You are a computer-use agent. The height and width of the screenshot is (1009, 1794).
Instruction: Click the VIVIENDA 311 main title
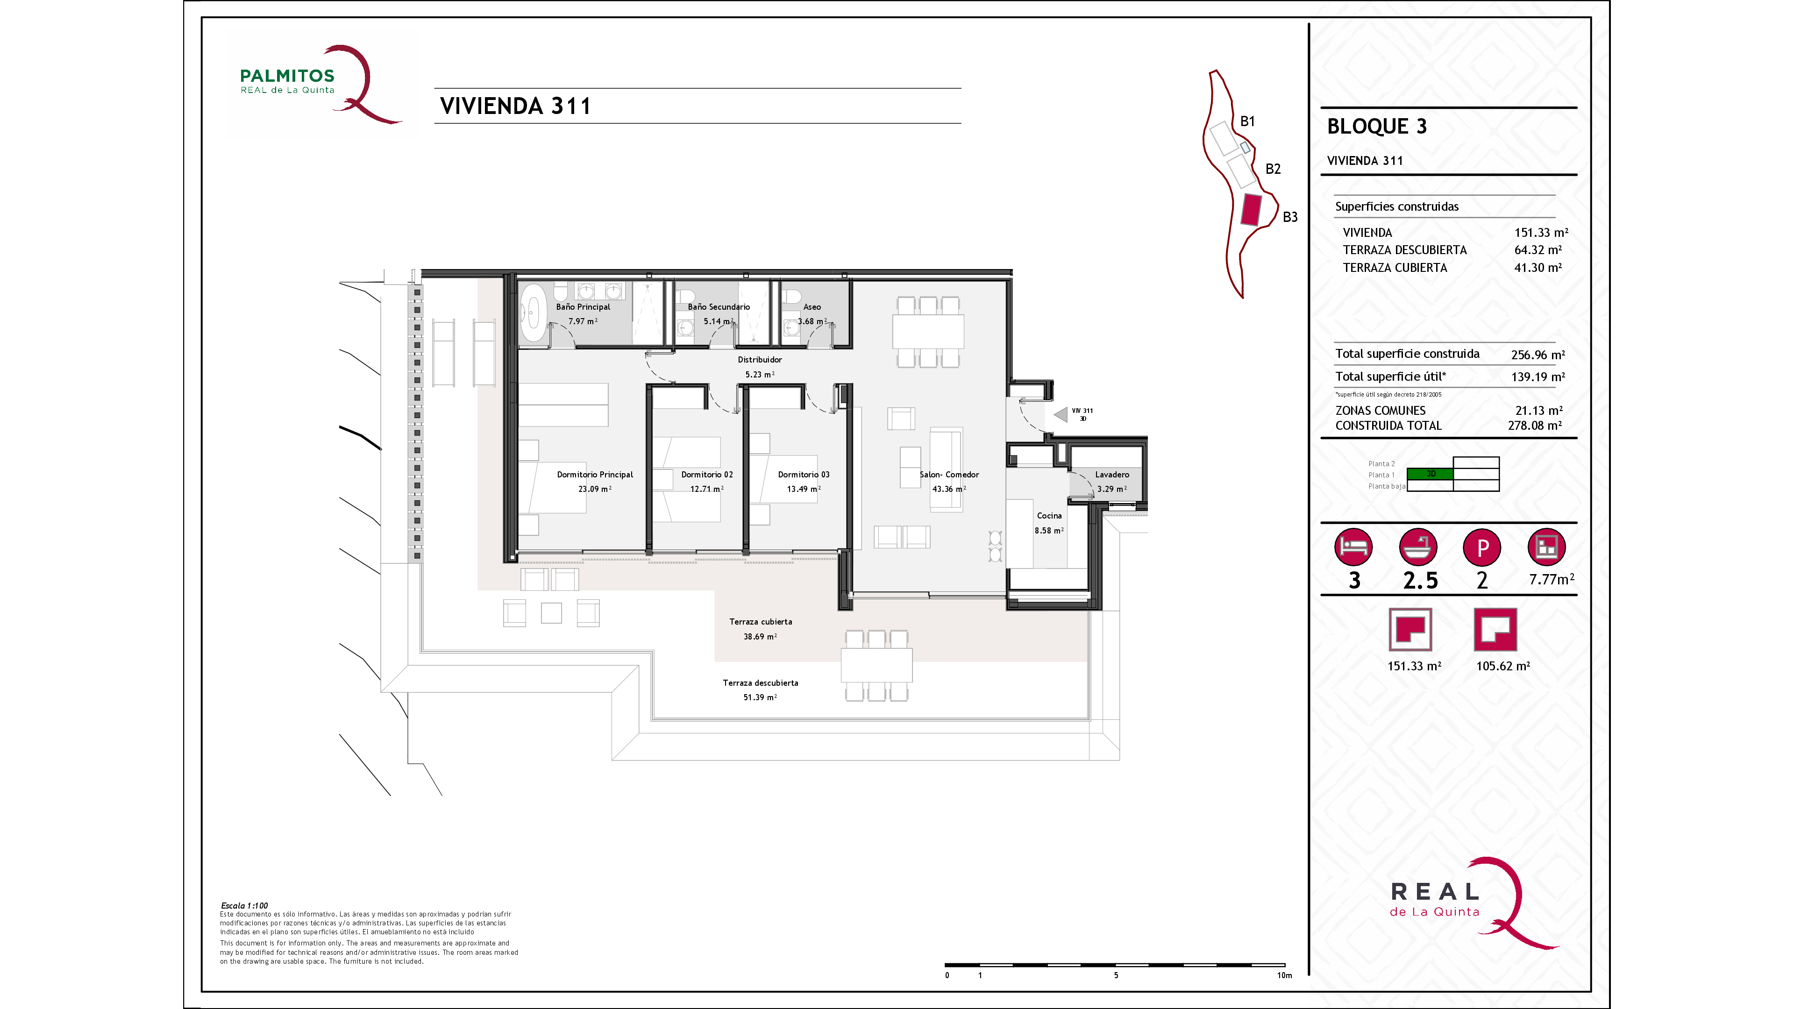click(x=515, y=106)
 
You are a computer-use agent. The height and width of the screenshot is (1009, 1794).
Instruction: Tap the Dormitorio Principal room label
click(x=595, y=474)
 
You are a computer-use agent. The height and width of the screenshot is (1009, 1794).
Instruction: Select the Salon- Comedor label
click(x=949, y=474)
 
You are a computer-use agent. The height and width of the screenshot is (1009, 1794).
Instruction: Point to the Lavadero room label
click(x=1112, y=474)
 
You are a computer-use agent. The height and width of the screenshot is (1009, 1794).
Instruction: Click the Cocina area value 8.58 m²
click(x=1049, y=531)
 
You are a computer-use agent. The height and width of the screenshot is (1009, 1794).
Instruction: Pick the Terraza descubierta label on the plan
click(x=761, y=682)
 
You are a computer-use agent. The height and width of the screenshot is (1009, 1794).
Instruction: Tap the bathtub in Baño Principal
click(x=534, y=312)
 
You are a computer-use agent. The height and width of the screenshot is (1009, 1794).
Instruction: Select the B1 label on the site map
click(x=1247, y=121)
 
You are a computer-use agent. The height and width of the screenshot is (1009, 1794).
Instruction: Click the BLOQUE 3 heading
click(x=1377, y=126)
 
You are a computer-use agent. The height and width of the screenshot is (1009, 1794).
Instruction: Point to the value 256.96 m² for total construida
click(x=1538, y=355)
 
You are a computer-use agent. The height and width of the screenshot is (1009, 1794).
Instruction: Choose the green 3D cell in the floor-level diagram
click(x=1430, y=474)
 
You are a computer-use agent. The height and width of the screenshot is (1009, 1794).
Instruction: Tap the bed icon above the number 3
click(x=1353, y=547)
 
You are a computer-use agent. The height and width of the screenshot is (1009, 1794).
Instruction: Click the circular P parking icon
click(x=1482, y=547)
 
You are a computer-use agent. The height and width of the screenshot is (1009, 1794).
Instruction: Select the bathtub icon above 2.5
click(x=1418, y=547)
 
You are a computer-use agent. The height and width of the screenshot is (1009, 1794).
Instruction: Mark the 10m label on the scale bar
click(x=1284, y=975)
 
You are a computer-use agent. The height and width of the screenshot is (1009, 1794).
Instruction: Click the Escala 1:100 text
click(x=244, y=905)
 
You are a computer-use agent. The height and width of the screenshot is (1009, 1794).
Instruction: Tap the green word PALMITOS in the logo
click(x=287, y=76)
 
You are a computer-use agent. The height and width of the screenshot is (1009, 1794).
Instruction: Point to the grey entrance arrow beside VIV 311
click(x=1061, y=415)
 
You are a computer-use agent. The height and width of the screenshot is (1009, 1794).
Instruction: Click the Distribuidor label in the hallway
click(x=760, y=359)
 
